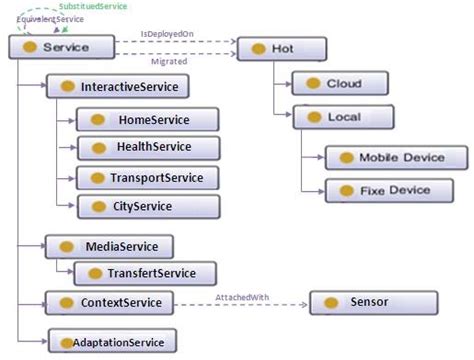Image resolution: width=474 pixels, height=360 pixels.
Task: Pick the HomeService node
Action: click(x=147, y=119)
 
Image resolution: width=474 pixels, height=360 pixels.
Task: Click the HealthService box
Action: click(x=147, y=148)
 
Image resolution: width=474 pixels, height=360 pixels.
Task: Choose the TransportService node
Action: click(x=147, y=178)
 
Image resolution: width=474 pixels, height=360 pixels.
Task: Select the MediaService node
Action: click(x=108, y=246)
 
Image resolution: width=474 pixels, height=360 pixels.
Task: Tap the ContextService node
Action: click(x=109, y=302)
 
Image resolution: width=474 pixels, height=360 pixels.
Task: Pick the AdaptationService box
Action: click(x=111, y=342)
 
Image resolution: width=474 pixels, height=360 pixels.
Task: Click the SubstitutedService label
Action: click(x=92, y=7)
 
